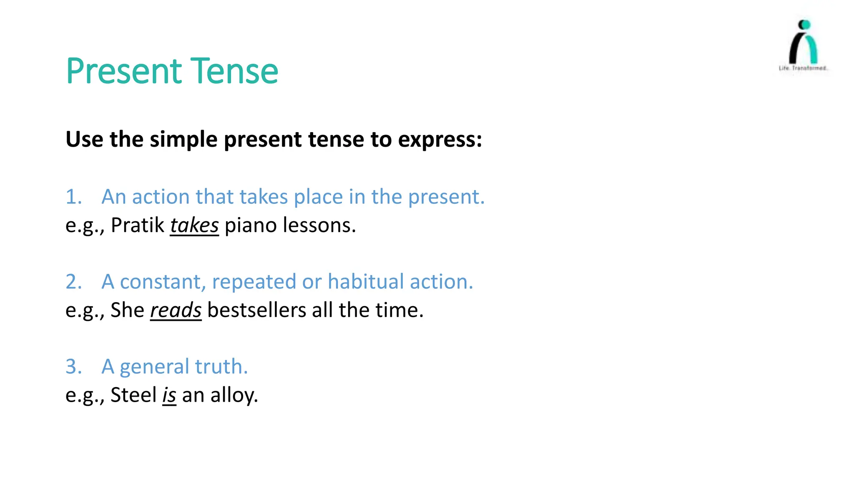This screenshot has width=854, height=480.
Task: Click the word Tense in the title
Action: pos(234,71)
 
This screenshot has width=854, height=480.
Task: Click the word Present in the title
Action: pos(124,71)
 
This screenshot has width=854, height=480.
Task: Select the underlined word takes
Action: pos(194,225)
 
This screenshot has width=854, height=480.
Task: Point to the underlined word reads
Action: pos(176,310)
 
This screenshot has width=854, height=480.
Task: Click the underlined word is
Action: pos(169,395)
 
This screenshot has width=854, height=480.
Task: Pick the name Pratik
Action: pos(138,225)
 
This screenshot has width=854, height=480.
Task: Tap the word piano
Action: pos(250,225)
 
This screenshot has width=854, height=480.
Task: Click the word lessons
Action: pos(319,225)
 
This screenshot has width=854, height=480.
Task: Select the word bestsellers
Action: pos(256,310)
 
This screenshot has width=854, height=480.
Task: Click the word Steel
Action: pos(133,395)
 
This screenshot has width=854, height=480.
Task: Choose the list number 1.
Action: pos(73,197)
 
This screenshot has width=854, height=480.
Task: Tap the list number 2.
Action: pos(73,282)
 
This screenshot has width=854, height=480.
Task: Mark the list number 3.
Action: pos(73,367)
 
